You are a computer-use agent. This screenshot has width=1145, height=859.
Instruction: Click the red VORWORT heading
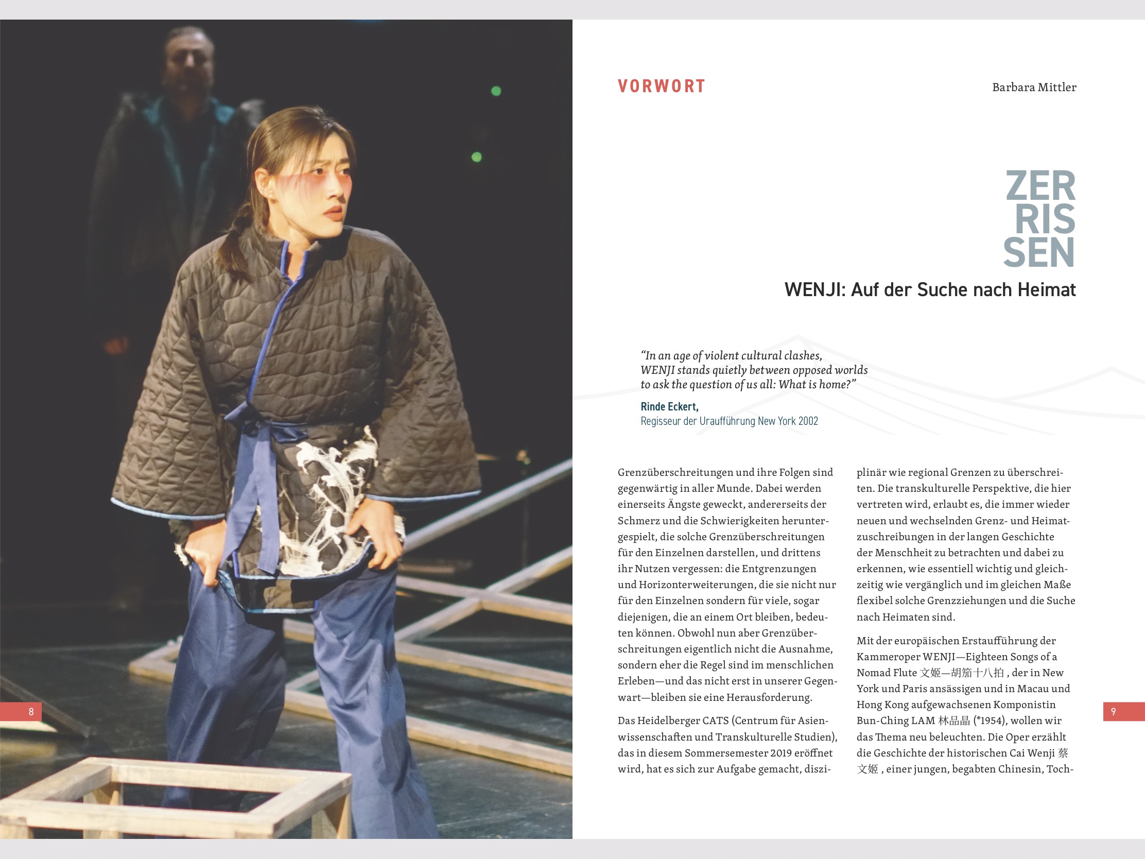click(661, 86)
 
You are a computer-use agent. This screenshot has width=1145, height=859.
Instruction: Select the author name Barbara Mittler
click(1034, 88)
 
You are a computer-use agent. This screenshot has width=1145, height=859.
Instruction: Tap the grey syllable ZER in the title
click(1040, 186)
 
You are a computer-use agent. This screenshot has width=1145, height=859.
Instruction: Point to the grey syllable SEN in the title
click(1039, 253)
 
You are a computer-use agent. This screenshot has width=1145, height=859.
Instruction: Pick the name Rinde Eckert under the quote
click(669, 406)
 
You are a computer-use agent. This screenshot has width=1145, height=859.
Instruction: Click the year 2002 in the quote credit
click(808, 421)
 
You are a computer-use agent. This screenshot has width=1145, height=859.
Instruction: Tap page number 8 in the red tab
click(31, 711)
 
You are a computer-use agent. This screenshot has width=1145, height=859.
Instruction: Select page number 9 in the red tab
click(1113, 711)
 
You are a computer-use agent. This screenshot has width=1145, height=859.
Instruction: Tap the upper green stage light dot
click(496, 91)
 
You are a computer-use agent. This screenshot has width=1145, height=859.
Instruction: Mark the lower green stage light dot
click(477, 157)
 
